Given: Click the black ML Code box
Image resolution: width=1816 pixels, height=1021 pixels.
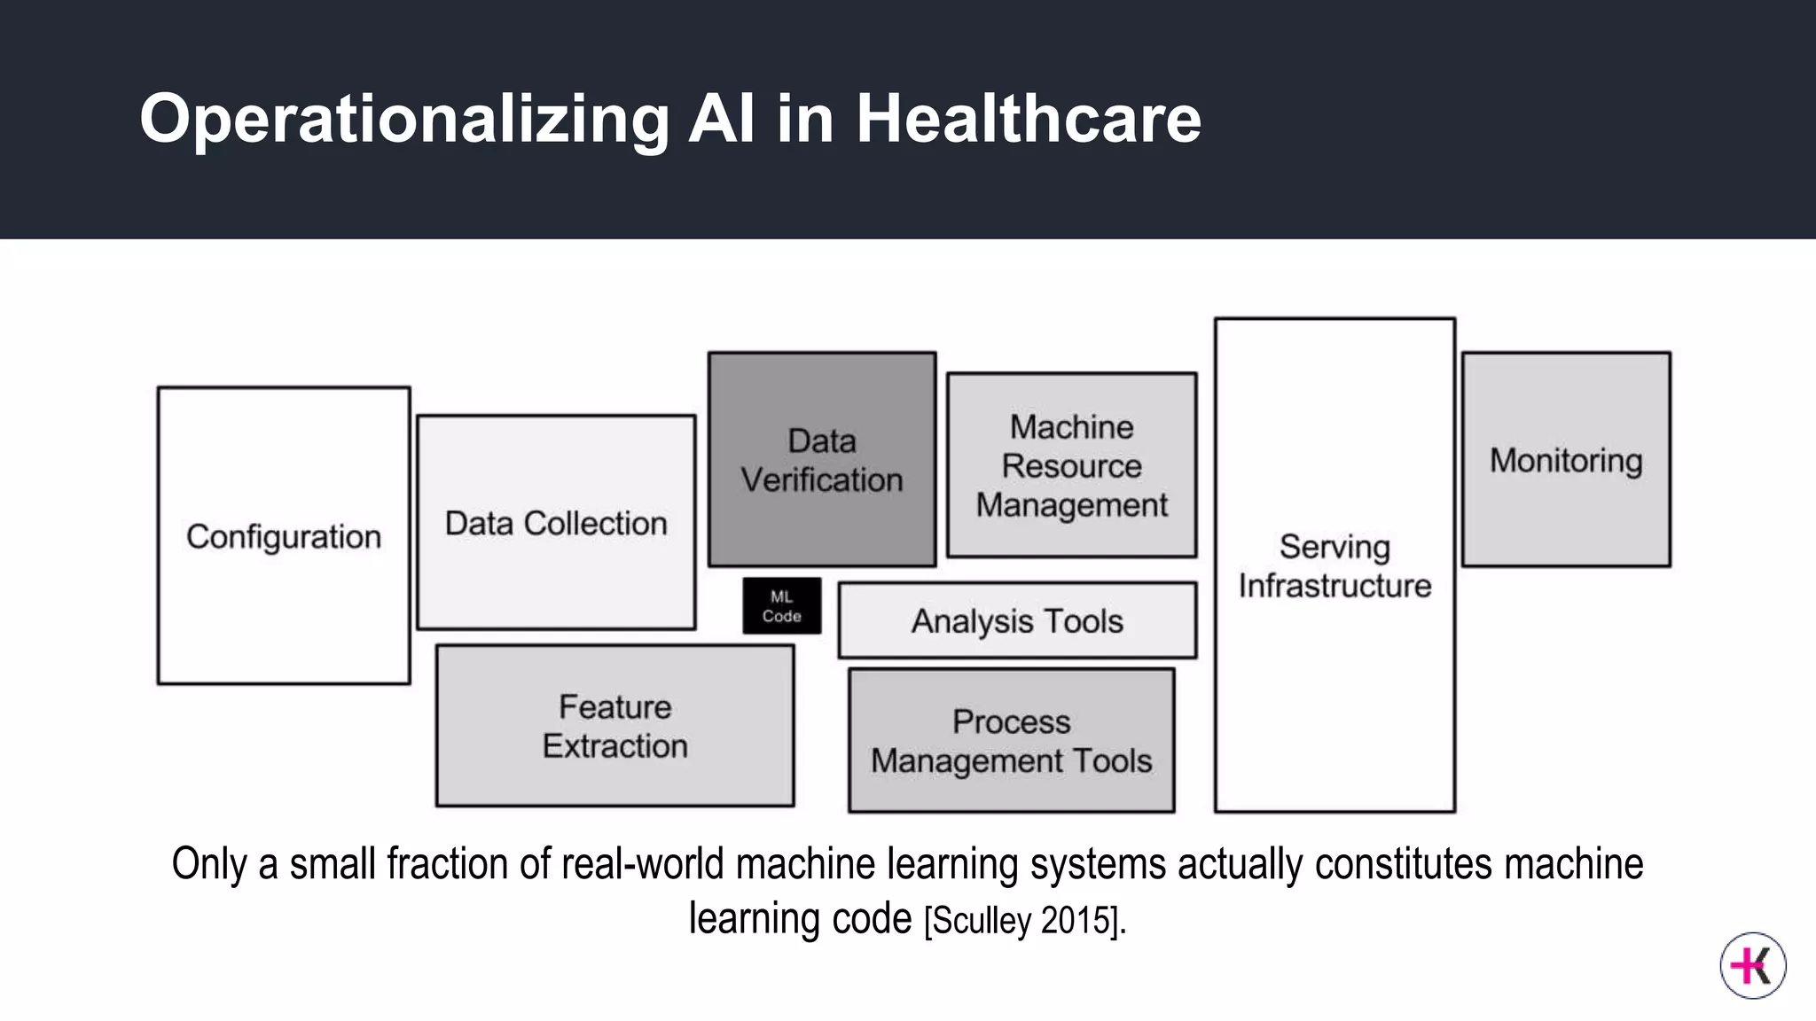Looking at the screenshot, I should point(781,606).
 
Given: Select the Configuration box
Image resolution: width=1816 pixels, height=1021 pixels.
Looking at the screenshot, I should point(284,535).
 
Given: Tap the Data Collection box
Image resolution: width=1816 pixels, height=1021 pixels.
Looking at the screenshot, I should point(556,522).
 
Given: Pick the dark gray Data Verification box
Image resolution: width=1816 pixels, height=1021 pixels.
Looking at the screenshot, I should point(822,459).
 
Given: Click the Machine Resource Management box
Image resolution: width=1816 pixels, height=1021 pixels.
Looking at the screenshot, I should point(1071,465).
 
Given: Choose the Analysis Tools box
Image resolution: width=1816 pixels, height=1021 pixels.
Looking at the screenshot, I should point(1017,620).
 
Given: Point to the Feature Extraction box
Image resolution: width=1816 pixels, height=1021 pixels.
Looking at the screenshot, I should point(614,726).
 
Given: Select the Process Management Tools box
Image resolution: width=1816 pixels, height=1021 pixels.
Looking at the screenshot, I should point(1011,741).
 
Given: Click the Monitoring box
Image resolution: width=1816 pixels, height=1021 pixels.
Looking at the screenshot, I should point(1566,460).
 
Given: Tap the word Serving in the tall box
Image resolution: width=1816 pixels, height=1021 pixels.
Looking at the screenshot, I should point(1335,546).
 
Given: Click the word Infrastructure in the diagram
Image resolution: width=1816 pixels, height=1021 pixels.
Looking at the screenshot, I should point(1335,586).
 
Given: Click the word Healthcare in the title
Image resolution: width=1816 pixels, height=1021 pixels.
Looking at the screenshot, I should point(1028,119).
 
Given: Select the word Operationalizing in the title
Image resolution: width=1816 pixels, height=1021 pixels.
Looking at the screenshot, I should point(404,119).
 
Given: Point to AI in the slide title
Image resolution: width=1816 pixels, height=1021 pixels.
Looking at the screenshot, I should point(721,119).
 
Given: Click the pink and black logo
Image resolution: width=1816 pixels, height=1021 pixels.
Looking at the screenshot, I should point(1752,965).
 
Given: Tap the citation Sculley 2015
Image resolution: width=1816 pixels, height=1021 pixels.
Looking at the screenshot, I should point(1024,921).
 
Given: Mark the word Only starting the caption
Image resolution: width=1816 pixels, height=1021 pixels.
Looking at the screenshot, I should point(209,864).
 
